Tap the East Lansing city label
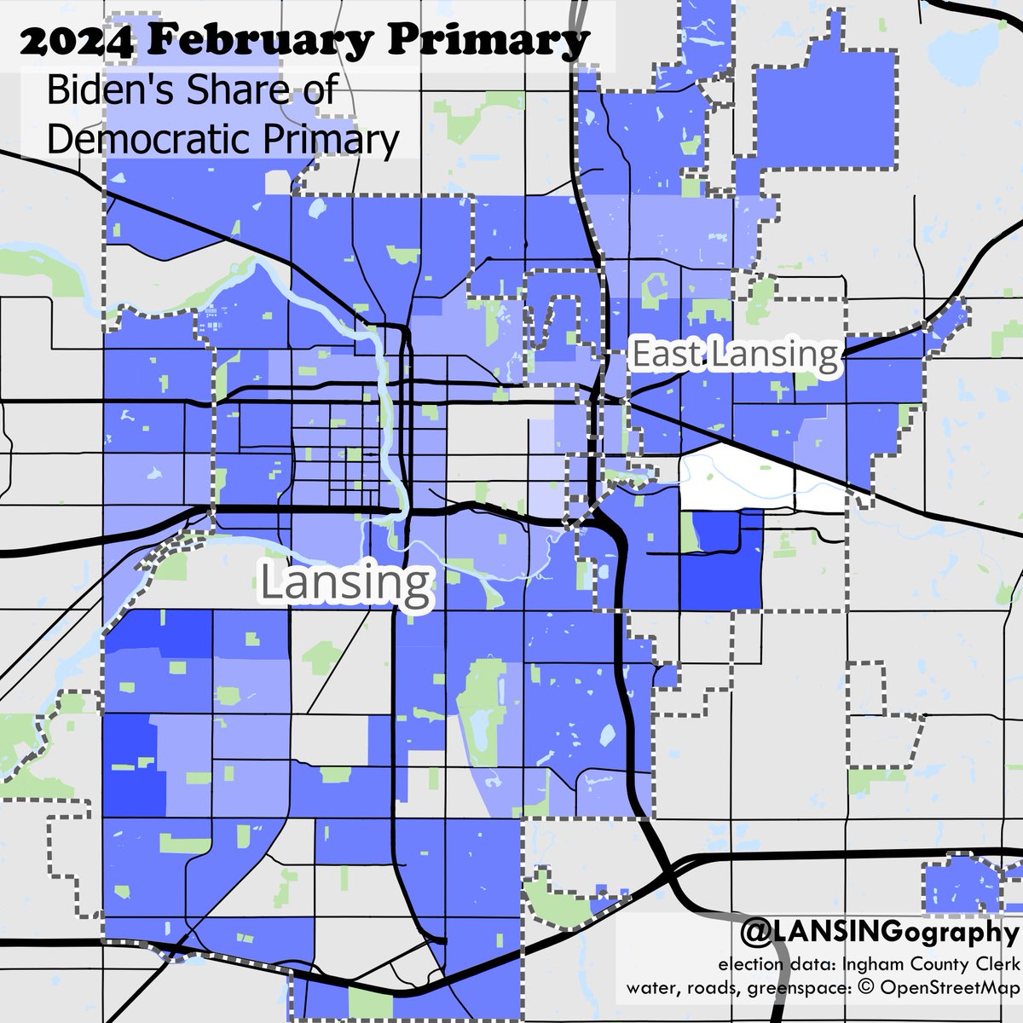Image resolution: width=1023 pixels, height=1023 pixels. coord(734,355)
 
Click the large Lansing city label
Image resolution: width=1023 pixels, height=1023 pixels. coord(344,583)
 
